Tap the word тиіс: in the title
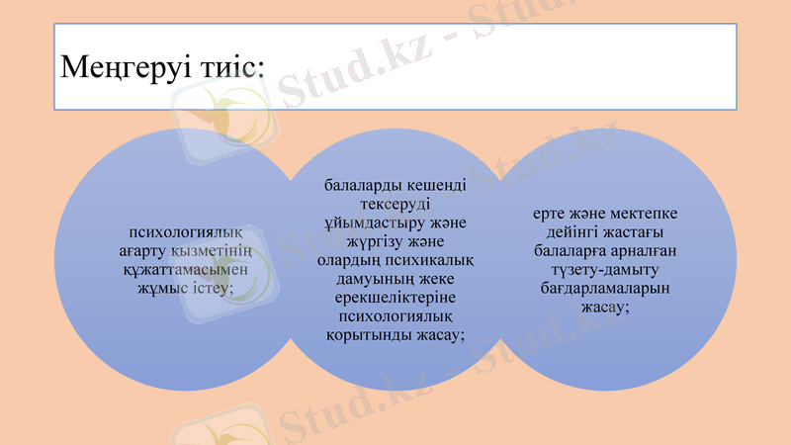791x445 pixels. (x=228, y=66)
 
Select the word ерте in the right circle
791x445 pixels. (x=550, y=214)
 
